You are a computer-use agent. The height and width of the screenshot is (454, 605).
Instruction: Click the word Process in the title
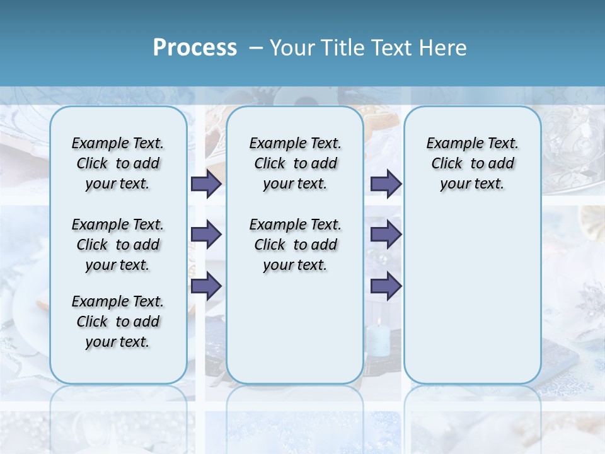pos(195,47)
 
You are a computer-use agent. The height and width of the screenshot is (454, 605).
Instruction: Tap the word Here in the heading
pos(444,47)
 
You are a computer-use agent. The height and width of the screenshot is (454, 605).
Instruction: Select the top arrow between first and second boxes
pos(205,183)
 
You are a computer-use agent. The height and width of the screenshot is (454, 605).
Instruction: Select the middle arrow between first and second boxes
pos(205,235)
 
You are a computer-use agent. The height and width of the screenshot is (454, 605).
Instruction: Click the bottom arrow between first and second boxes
pos(205,286)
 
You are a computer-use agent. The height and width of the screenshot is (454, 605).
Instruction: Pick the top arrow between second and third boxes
pos(386,183)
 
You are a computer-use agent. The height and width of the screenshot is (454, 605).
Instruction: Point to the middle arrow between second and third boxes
pos(386,235)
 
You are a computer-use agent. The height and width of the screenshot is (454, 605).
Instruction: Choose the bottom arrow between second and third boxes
pos(386,286)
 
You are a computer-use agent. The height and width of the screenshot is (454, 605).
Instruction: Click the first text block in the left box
pos(118,163)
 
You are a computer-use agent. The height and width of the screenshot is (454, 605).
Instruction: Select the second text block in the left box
pos(118,245)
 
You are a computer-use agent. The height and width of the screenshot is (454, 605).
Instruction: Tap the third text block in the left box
pos(118,322)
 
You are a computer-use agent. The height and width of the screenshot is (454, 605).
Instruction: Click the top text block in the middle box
pos(295,163)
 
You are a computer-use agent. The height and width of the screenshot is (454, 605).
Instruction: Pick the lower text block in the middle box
pos(295,245)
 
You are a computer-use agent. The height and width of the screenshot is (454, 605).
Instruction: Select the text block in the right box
pos(473,163)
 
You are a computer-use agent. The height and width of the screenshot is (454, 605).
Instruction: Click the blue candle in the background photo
pos(378,339)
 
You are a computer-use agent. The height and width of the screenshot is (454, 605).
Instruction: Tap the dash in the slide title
pos(256,47)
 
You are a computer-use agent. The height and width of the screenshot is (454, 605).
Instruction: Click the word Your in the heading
pos(293,47)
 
